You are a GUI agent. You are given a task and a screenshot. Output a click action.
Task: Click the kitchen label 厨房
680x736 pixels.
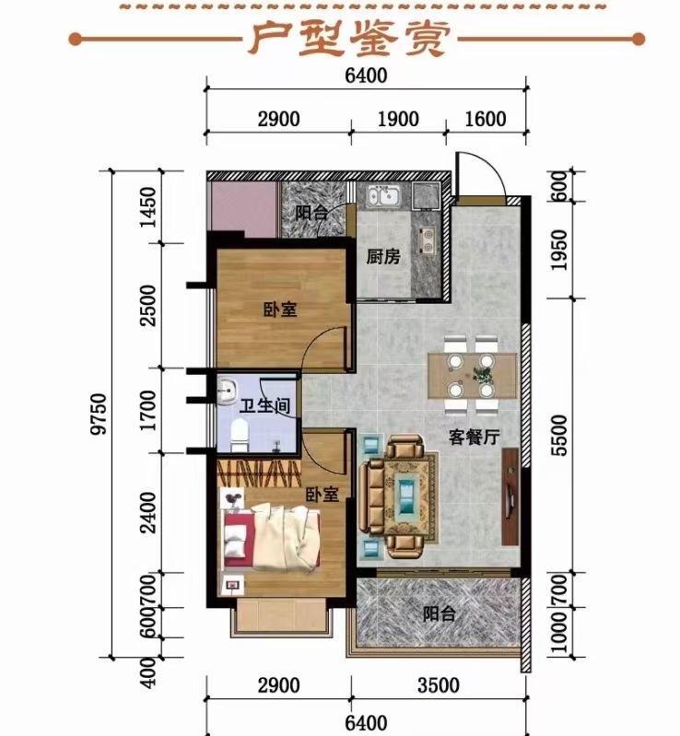383,257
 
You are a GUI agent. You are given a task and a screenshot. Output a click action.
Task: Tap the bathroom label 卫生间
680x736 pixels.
264,406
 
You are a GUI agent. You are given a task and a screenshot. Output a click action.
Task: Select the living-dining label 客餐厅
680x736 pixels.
474,437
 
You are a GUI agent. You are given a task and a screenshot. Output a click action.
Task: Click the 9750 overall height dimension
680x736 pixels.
100,415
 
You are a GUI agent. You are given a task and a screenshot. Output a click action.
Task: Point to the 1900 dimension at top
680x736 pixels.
398,119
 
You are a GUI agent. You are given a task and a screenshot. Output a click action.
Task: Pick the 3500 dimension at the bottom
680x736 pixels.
439,685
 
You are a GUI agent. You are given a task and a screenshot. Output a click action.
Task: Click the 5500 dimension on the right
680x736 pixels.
559,435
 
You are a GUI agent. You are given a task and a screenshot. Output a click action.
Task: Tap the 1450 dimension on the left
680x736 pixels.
148,207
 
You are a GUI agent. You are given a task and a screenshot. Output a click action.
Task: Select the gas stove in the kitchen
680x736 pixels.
426,239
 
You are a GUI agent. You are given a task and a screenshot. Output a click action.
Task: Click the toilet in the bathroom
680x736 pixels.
239,435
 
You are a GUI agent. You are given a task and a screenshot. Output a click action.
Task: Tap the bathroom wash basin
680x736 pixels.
228,391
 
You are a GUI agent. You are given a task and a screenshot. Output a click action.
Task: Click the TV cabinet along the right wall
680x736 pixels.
510,497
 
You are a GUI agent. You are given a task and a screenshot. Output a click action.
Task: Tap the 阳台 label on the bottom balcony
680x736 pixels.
440,614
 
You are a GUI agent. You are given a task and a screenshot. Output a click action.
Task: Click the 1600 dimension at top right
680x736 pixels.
486,119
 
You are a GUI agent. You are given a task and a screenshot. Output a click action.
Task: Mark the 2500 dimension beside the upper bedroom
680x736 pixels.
148,305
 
